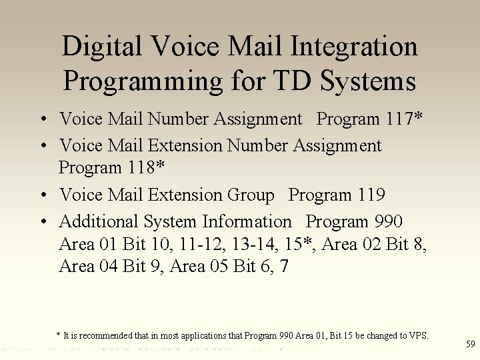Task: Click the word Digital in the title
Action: point(101,47)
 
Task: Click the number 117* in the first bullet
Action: point(405,119)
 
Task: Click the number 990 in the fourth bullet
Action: point(388,221)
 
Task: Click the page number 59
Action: point(470,345)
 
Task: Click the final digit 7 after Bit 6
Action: point(285,267)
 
